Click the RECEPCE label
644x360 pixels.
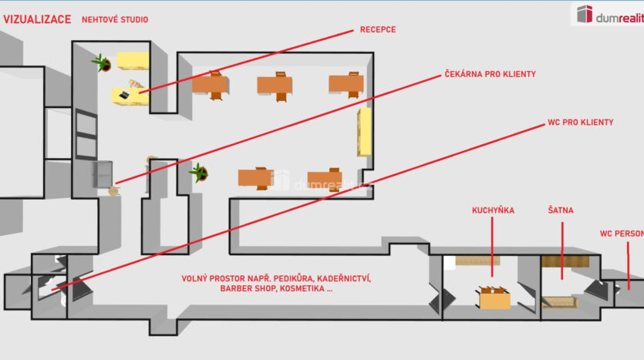(377, 30)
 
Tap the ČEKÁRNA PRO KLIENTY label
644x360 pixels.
(490, 75)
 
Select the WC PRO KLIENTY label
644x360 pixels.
(580, 123)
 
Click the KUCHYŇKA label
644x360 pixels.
(493, 210)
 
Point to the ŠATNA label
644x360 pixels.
(561, 210)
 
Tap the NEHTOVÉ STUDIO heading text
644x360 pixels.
(115, 19)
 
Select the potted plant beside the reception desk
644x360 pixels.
(100, 61)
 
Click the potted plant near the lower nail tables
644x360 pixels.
(200, 172)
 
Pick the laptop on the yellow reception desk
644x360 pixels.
(124, 95)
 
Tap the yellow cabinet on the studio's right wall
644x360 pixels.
(364, 132)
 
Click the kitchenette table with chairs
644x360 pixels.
(494, 297)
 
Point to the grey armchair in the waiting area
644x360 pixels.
(103, 174)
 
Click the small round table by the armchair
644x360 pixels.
(115, 190)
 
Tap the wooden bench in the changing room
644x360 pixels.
(560, 302)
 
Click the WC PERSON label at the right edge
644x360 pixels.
(622, 233)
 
